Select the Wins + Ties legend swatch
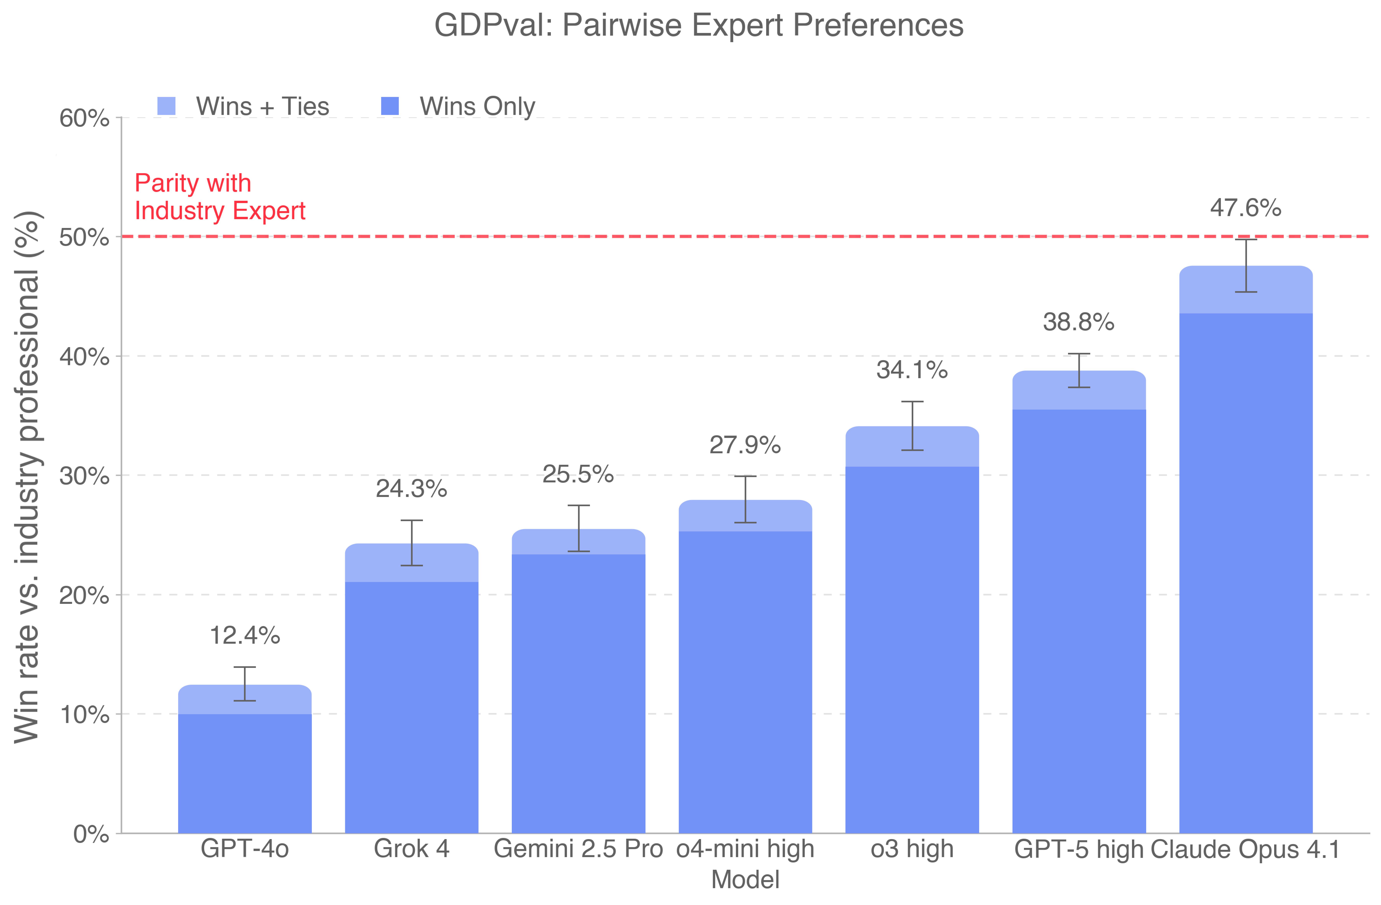tap(166, 106)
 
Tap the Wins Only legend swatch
tap(390, 106)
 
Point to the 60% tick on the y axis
tap(84, 118)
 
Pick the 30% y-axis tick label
tap(84, 476)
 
